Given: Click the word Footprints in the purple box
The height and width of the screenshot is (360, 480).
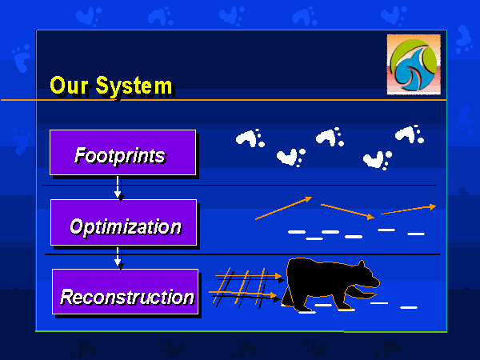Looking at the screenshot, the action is pos(120,156).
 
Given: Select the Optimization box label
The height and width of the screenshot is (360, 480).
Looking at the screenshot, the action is pos(126,227).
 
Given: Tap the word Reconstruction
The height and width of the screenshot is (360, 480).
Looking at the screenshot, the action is pos(127,297).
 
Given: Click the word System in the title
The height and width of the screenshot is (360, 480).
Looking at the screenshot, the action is pos(134,86).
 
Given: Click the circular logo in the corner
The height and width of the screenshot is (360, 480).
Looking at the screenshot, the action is pos(414,65).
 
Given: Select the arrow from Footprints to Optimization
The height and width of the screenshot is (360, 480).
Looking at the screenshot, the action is pos(118,187).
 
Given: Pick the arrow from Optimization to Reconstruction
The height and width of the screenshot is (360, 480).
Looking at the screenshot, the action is pos(118,258).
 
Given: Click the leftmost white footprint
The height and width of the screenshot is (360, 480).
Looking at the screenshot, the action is pos(250,138).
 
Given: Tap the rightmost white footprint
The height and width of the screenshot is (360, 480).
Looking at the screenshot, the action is pos(410,134).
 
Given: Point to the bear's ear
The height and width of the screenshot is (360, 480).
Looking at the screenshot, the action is pos(362,264).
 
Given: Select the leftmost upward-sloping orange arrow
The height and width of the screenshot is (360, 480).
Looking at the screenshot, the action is pos(284,208).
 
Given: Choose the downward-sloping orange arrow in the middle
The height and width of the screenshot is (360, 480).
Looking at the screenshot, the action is pos(347,211).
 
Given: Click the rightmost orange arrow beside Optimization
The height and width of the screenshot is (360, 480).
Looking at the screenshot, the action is pos(408,209).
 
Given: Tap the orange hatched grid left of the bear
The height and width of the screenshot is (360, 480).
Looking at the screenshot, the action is pos(242,287).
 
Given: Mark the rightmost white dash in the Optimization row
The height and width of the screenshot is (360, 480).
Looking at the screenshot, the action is pos(416,234).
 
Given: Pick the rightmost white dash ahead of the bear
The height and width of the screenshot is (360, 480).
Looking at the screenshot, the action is pos(409,307).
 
